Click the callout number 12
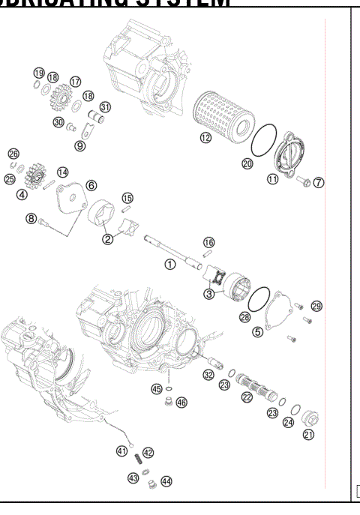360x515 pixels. (205, 137)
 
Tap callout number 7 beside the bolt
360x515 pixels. (319, 183)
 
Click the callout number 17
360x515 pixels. (75, 81)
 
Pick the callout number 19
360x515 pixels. (38, 72)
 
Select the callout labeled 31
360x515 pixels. (106, 106)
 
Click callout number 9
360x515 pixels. (79, 145)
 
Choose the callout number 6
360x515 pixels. (91, 184)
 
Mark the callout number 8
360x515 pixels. (31, 218)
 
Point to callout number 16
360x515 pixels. (209, 242)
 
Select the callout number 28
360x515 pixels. (244, 317)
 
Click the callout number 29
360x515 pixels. (316, 306)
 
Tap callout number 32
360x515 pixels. (208, 374)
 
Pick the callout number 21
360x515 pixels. (308, 434)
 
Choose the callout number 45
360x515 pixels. (157, 389)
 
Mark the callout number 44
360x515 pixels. (166, 481)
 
